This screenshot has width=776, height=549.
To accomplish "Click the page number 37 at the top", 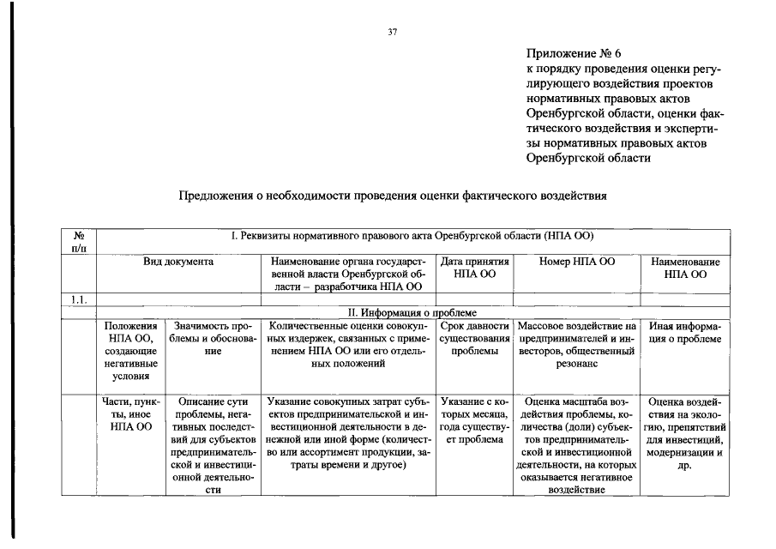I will (392, 33).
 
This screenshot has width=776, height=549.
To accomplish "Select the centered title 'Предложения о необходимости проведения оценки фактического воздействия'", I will (392, 196).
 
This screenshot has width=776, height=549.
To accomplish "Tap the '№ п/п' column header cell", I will (78, 242).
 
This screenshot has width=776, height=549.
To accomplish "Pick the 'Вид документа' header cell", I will (178, 261).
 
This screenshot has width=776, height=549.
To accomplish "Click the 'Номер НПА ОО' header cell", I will (576, 261).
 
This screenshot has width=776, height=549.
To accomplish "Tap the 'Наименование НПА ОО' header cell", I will (685, 268).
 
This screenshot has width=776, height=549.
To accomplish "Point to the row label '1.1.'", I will (78, 299).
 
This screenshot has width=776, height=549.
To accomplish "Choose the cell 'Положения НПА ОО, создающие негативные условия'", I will (130, 351).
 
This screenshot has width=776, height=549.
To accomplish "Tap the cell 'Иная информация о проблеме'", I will (685, 333).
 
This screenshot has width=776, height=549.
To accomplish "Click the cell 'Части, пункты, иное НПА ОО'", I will (130, 413).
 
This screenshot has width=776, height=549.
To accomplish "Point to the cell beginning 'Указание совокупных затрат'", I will (348, 432).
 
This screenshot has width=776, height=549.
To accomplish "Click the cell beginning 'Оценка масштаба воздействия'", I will (576, 444).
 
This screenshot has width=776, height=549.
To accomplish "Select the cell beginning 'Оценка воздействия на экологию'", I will (685, 432).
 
